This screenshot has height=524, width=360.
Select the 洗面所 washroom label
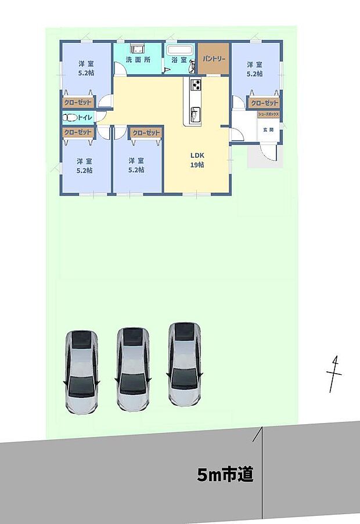point(138,60)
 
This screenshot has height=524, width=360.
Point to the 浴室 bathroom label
point(179,60)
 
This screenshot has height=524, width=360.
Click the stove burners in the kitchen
point(196,86)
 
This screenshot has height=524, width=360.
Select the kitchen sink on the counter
point(195,113)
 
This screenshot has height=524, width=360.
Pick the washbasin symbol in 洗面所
point(138,49)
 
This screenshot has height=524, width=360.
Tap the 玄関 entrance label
point(268,130)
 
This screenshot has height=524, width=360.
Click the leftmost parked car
point(81,371)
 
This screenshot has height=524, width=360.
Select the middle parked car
point(133,369)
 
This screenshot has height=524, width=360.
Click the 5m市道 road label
point(225,476)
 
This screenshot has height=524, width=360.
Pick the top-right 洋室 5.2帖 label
point(254,69)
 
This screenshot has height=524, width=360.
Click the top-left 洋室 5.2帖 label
point(88,69)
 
